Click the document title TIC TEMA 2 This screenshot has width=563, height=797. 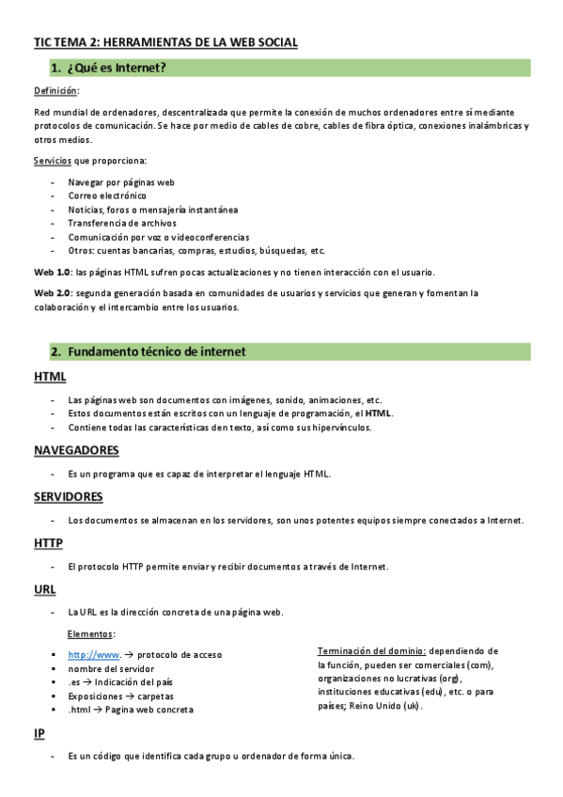[165, 42]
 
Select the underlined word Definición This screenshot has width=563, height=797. [56, 91]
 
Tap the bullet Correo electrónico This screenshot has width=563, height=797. [107, 195]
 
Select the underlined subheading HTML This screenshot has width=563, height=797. [50, 377]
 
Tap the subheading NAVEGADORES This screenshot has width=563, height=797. [76, 450]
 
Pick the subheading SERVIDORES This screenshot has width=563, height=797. [69, 496]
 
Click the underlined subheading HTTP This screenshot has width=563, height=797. [48, 543]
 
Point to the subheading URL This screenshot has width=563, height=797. [45, 589]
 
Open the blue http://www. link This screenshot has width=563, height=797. [94, 654]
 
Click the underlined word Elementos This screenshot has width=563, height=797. [90, 634]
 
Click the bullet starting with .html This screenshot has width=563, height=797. [131, 710]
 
